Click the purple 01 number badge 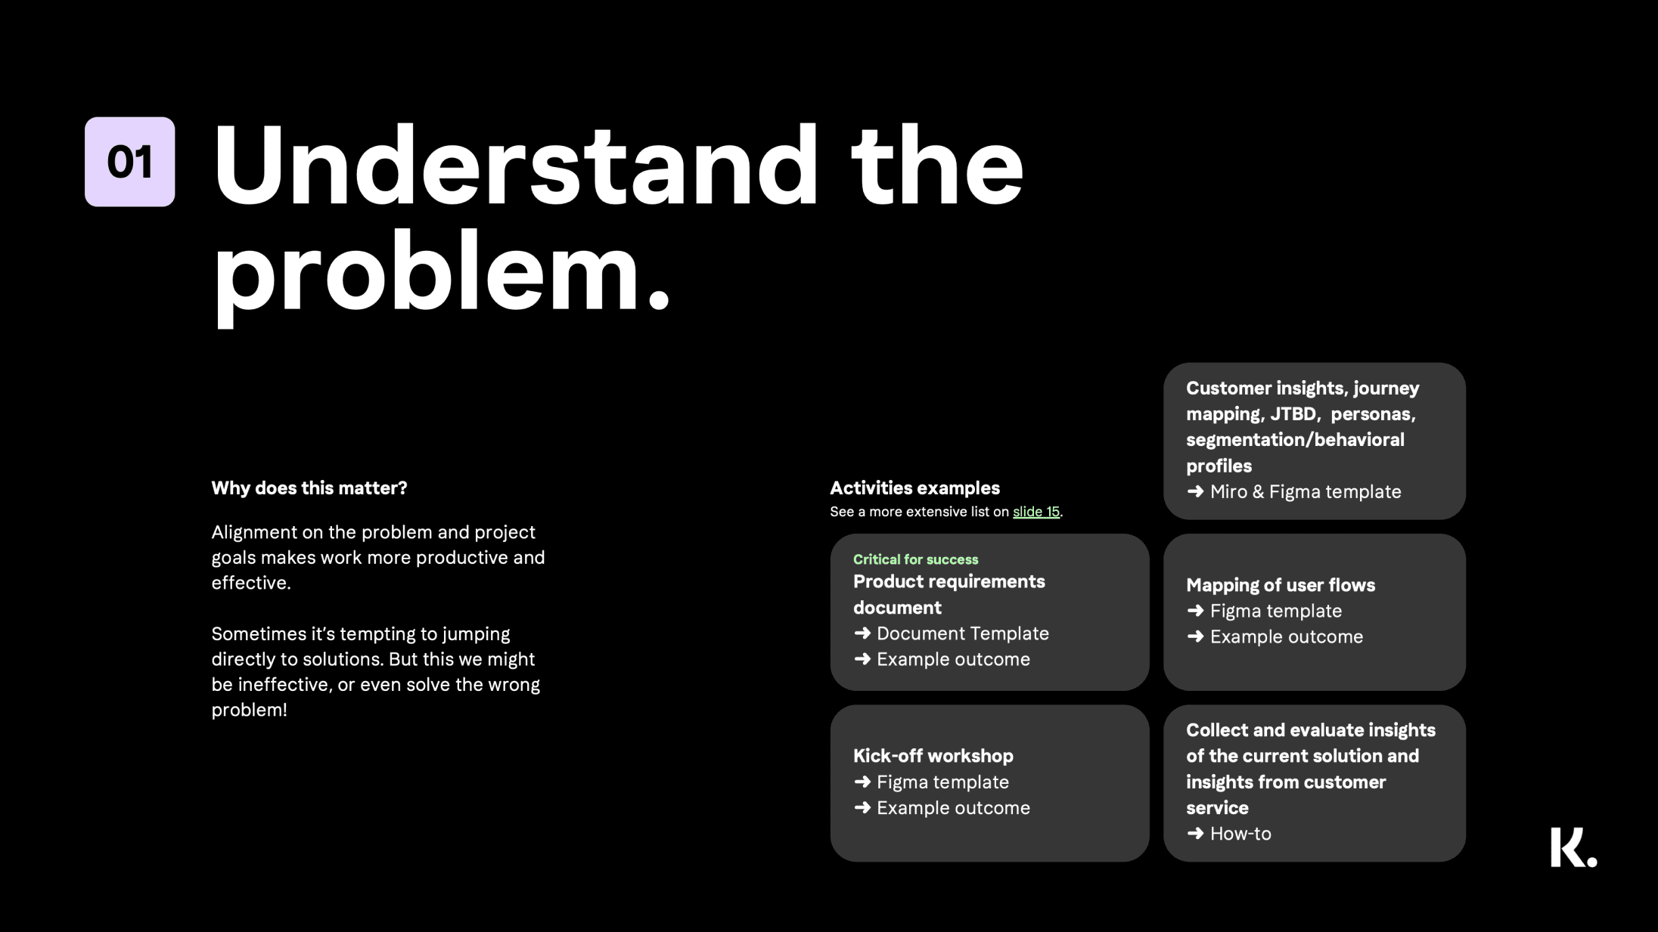click(129, 162)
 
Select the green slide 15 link click(1036, 512)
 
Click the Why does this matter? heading click(309, 488)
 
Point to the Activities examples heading click(914, 488)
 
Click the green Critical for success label click(915, 559)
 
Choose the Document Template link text click(963, 633)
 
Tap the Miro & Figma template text click(1306, 492)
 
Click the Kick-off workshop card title click(933, 756)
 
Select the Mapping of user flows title click(1281, 585)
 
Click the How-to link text click(1240, 834)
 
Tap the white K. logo click(1573, 847)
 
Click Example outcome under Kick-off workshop click(953, 808)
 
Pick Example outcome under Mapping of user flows click(1287, 637)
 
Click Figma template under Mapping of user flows click(1276, 611)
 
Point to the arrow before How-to click(1195, 834)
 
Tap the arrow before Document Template click(862, 633)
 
